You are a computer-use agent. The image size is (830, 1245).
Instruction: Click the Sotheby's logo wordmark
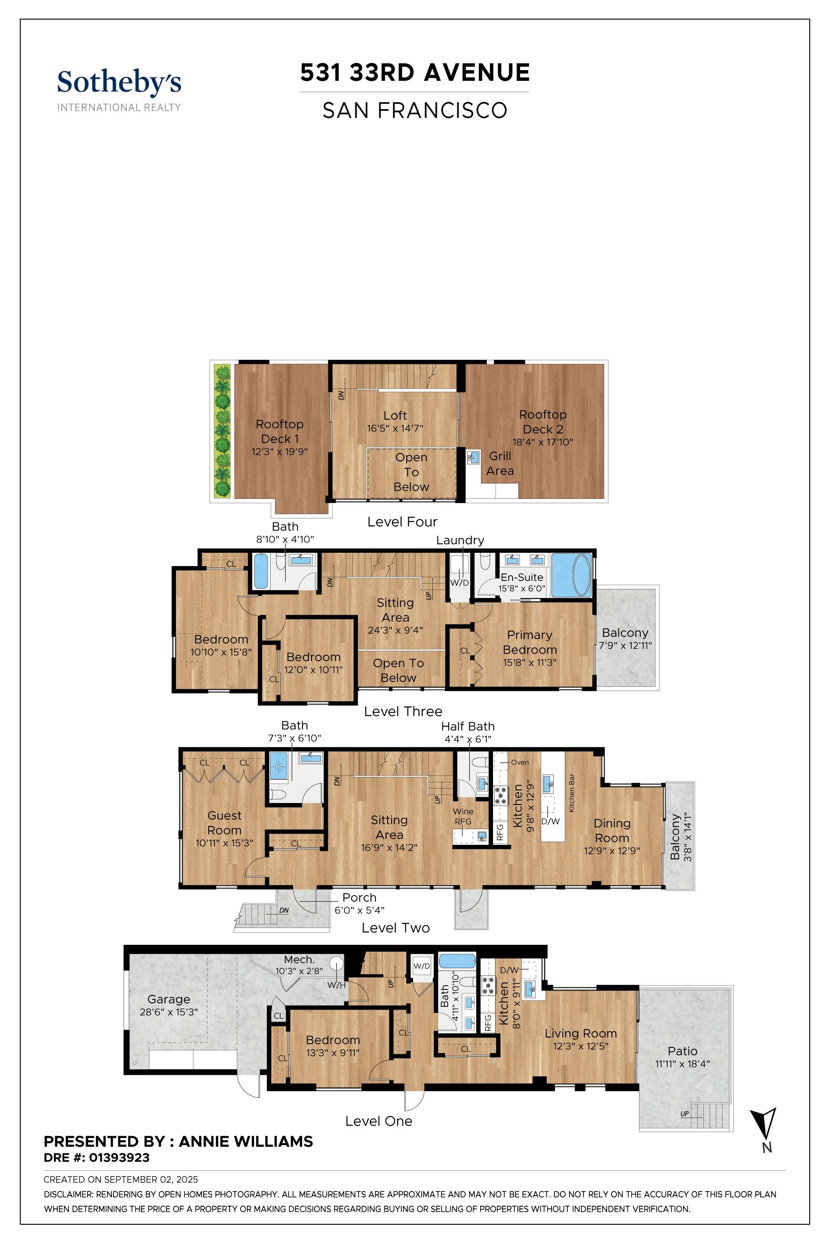coord(119,83)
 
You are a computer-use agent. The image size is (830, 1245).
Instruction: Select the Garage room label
coord(168,999)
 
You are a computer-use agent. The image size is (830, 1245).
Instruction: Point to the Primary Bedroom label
coord(530,642)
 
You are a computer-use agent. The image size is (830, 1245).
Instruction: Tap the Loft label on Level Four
coord(395,415)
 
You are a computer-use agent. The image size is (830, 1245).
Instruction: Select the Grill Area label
coord(500,463)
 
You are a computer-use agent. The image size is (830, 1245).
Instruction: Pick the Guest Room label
coord(224,823)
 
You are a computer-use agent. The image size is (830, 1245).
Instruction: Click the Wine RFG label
coord(463,816)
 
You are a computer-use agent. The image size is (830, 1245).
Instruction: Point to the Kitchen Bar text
coord(572,793)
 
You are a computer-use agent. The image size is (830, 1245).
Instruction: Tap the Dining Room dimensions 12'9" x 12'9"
coord(612,851)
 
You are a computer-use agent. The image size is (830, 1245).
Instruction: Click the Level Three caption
coord(403,711)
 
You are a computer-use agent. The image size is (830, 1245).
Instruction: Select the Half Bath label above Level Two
coord(468,726)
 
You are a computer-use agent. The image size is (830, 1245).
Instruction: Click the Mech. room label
coord(299,959)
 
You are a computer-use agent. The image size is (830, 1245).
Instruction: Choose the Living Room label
coord(581,1033)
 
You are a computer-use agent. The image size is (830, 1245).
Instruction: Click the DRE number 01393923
coord(119,1158)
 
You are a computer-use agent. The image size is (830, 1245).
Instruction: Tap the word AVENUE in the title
coord(476,73)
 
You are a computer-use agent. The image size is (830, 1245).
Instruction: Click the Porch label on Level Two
coord(359,897)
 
